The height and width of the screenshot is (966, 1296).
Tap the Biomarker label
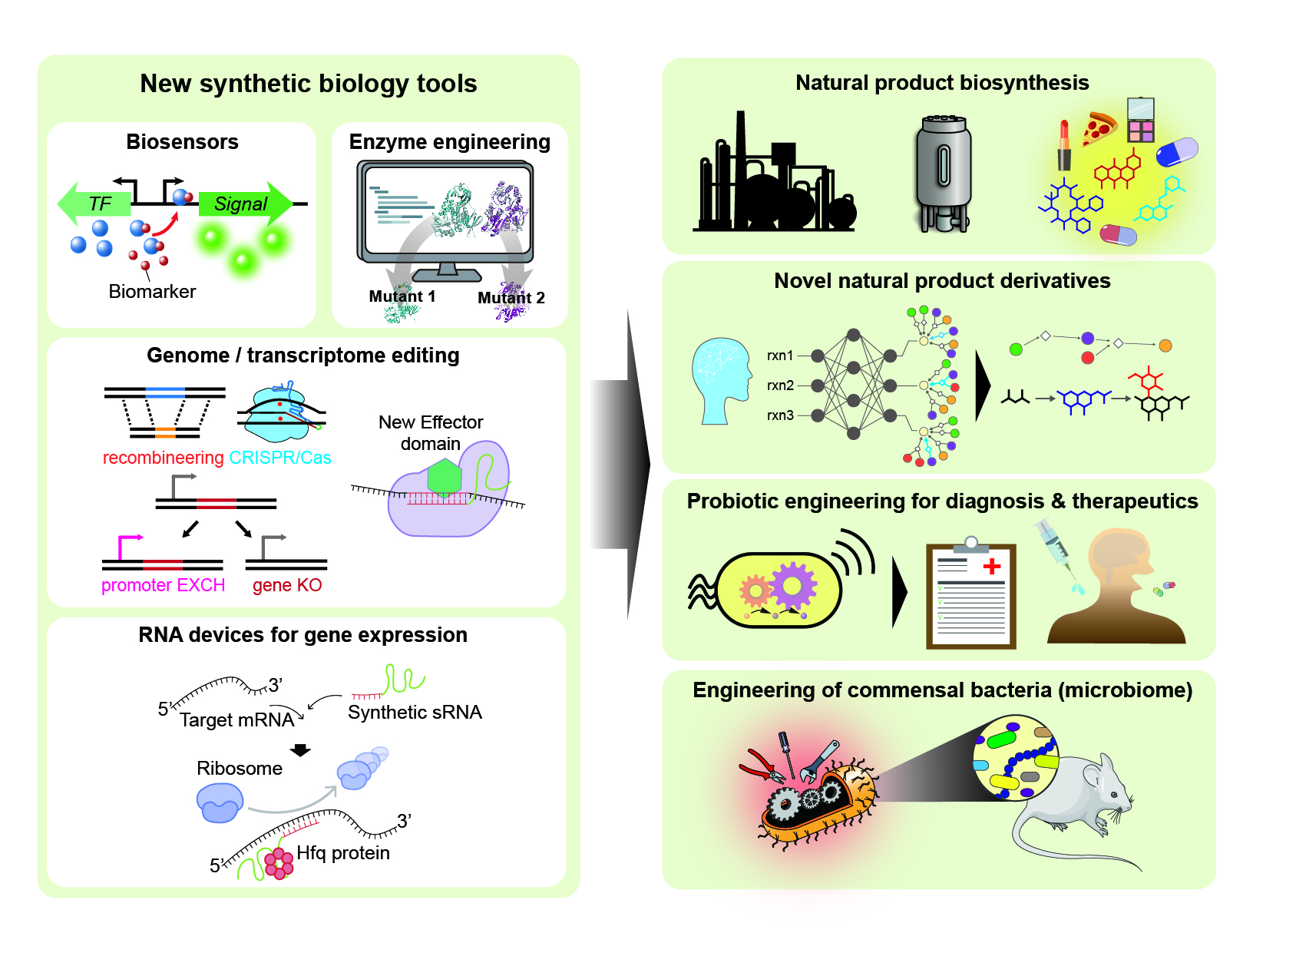(x=152, y=292)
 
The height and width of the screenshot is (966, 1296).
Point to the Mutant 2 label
(x=511, y=298)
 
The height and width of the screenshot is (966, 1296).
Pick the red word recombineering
(x=164, y=458)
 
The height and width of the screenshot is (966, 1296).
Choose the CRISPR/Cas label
(x=280, y=458)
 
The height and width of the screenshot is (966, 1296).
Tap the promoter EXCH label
(x=163, y=585)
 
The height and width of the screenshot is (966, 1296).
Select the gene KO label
(x=287, y=585)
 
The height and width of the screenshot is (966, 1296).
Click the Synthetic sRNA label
(x=415, y=713)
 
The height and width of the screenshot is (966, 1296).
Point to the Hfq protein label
(x=343, y=853)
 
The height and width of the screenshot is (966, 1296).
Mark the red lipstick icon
(x=1064, y=146)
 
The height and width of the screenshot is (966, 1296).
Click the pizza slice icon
(x=1099, y=128)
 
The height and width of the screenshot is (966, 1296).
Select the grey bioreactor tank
(x=944, y=173)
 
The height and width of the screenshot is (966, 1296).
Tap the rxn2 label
(x=780, y=385)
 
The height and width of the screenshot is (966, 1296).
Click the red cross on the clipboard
(x=992, y=566)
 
